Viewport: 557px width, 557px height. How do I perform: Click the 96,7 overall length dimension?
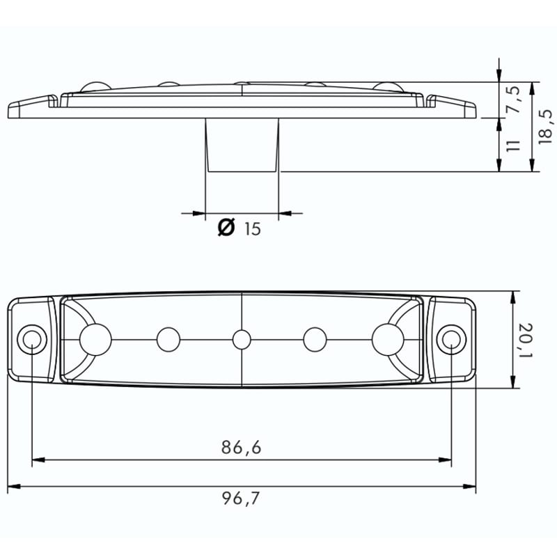241,499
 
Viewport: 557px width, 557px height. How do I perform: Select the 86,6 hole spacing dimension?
241,448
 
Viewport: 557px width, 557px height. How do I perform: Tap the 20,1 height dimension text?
526,340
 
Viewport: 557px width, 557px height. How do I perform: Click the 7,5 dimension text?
513,100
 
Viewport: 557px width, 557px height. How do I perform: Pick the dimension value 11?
513,145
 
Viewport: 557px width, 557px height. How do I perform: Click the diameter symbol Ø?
226,228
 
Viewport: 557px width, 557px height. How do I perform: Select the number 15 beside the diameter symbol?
252,228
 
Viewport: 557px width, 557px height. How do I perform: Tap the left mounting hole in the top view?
32,339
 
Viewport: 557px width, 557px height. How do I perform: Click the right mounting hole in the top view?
451,339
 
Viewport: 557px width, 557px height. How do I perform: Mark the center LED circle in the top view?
242,340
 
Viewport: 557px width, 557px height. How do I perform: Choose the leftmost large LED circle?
95,339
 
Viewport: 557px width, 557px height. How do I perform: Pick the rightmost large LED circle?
388,339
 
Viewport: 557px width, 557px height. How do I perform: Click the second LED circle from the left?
168,340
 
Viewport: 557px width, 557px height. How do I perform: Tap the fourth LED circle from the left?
315,340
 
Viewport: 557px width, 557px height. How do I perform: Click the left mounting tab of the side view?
31,107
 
